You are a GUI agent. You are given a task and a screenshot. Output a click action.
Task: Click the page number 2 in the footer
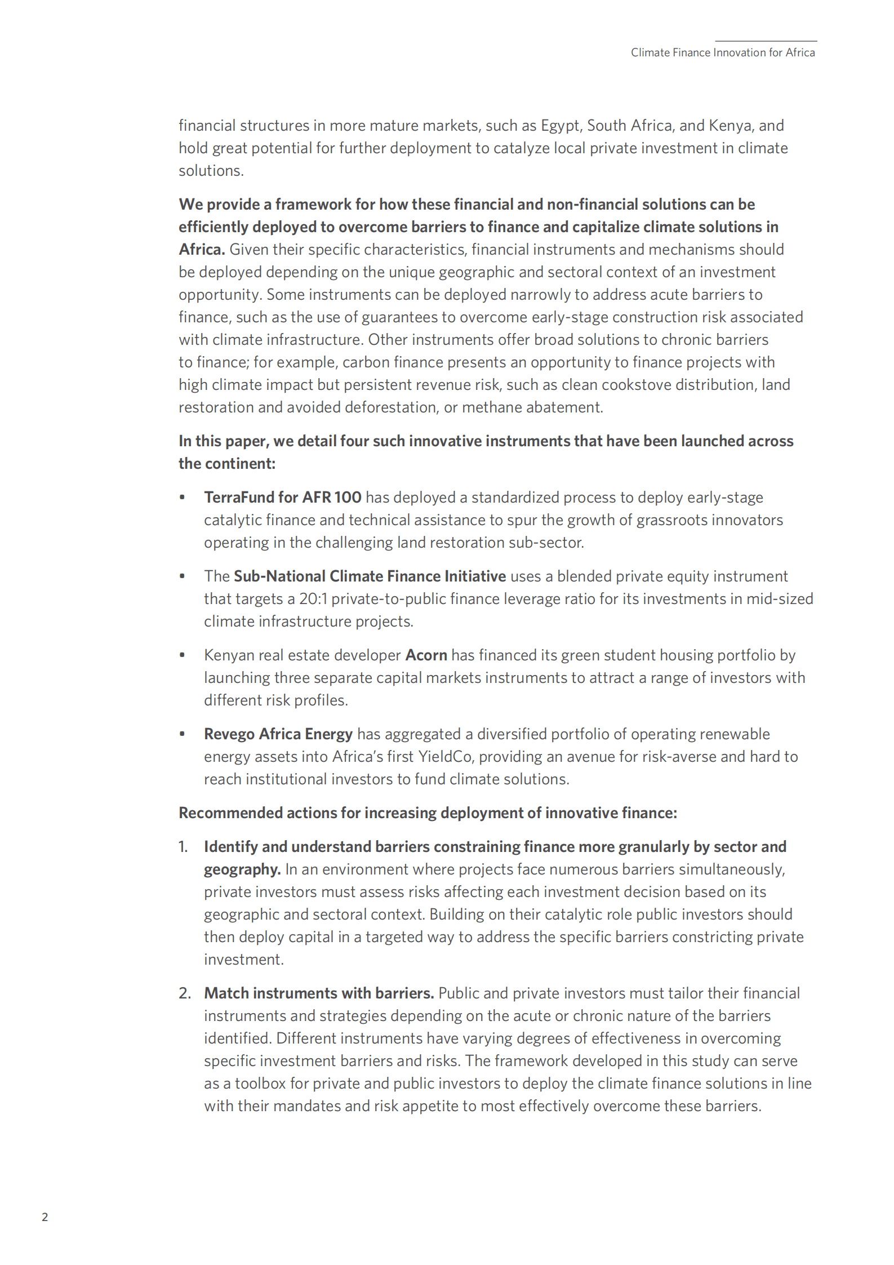coord(45,1217)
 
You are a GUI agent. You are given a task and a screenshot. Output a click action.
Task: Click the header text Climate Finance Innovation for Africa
coord(722,52)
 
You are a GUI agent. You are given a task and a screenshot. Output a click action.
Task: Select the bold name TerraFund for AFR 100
coord(282,497)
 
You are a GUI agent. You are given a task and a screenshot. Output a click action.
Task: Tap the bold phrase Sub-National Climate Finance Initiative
coord(370,576)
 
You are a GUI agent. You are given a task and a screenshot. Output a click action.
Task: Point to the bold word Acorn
coord(426,655)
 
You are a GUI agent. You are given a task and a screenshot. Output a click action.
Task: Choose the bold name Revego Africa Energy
coord(278,734)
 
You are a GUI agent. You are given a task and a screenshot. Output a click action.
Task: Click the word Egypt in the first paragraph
coord(560,125)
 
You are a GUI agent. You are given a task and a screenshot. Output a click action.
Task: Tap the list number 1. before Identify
coord(183,846)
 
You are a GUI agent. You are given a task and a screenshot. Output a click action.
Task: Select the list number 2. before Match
coord(185,993)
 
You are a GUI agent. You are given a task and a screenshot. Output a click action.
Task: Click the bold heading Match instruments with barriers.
coord(318,993)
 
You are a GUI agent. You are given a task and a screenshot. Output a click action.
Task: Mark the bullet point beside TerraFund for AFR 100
coord(182,497)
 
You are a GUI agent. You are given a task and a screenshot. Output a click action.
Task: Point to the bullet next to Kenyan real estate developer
coord(182,655)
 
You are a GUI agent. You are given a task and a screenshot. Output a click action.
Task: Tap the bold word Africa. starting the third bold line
coord(202,249)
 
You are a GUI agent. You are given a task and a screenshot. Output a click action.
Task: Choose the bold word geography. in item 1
coord(242,869)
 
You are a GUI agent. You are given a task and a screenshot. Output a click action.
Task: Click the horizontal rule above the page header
coord(766,41)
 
